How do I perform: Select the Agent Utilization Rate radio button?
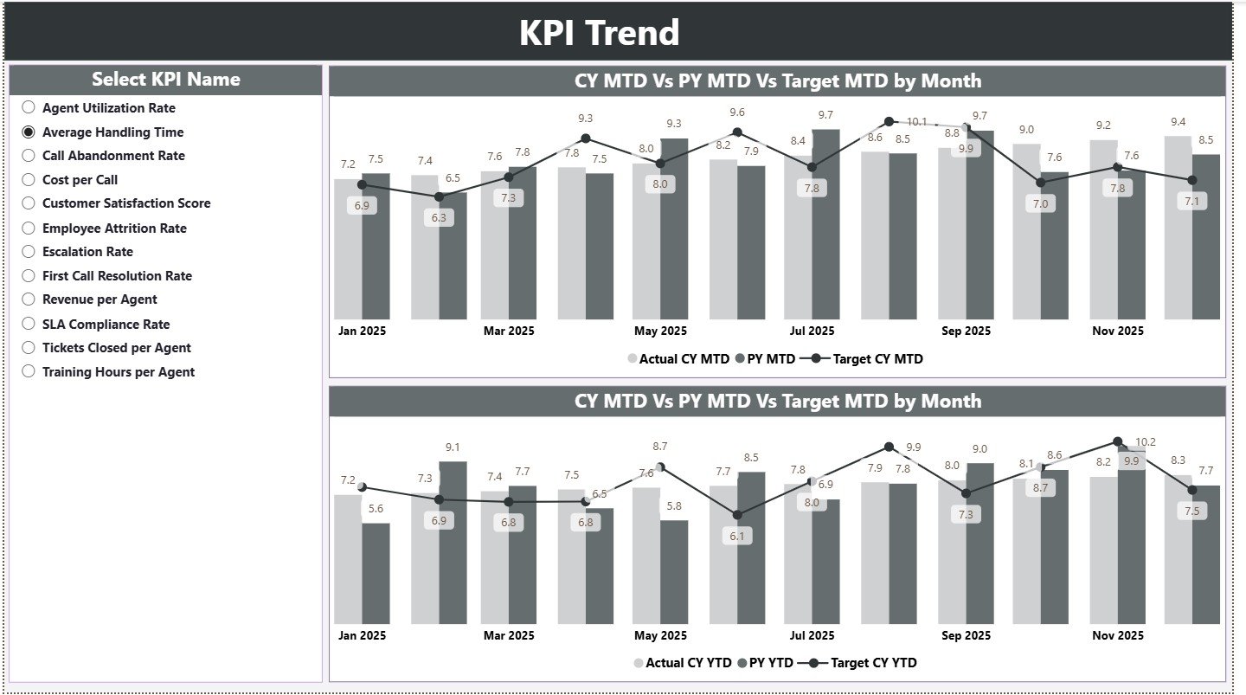coord(29,108)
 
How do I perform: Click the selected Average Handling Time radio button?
coord(29,132)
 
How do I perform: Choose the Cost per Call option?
coord(29,180)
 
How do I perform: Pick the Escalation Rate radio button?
coord(29,252)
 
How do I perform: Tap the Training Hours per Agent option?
coord(29,372)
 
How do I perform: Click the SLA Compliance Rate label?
coord(106,325)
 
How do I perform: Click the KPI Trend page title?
coord(599,33)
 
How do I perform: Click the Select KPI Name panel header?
coord(165,80)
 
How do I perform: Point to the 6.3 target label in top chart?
coord(439,217)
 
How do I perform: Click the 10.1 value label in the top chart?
coord(916,122)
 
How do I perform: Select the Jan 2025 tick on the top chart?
coord(362,331)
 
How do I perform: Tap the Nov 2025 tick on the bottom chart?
coord(1117,635)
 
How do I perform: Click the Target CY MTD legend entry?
coord(866,359)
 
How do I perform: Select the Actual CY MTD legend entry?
coord(679,359)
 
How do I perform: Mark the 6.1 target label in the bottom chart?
coord(736,536)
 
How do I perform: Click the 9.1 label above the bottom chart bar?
coord(453,447)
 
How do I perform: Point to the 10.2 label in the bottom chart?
coord(1145,442)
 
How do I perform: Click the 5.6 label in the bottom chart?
coord(376,509)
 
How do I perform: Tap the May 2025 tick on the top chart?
coord(660,331)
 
